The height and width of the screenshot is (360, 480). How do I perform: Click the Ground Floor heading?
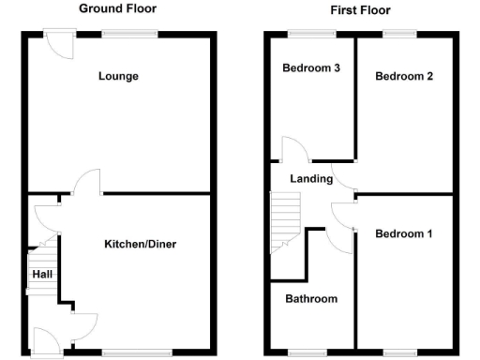pyautogui.click(x=117, y=8)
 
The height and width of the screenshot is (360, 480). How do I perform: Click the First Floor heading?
pyautogui.click(x=360, y=10)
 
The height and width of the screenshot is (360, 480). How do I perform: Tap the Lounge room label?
pyautogui.click(x=118, y=76)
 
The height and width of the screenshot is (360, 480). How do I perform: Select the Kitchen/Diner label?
pyautogui.click(x=140, y=245)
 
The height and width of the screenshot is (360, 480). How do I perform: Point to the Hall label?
pyautogui.click(x=42, y=274)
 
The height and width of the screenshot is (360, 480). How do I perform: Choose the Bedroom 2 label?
pyautogui.click(x=403, y=77)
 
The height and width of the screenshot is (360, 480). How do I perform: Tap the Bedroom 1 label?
pyautogui.click(x=403, y=233)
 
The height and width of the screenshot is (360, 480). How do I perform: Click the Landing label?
pyautogui.click(x=309, y=179)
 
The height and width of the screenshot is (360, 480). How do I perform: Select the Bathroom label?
pyautogui.click(x=311, y=299)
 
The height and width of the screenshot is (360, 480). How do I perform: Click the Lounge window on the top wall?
pyautogui.click(x=129, y=35)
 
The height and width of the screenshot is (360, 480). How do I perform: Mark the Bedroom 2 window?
pyautogui.click(x=400, y=35)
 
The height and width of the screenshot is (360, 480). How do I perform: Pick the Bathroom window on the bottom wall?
pyautogui.click(x=307, y=352)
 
